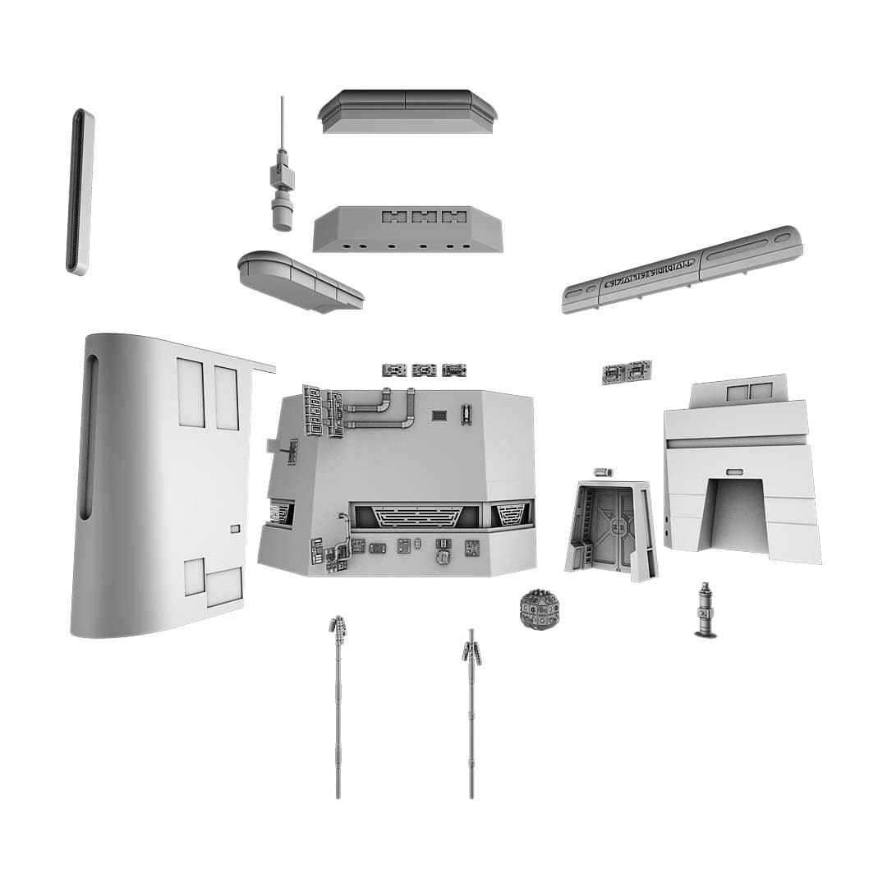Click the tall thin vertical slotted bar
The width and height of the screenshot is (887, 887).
click(x=80, y=191)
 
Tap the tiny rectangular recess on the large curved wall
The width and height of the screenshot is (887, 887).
click(x=236, y=529)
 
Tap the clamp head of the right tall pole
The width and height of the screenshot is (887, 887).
click(x=471, y=652)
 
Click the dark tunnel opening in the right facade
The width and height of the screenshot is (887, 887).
click(x=735, y=515)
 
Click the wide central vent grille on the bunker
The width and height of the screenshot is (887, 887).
click(x=414, y=517)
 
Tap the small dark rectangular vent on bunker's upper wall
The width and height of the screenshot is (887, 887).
click(x=440, y=416)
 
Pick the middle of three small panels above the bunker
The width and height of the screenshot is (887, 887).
click(x=424, y=370)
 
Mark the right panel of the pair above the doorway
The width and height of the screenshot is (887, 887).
click(x=638, y=372)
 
